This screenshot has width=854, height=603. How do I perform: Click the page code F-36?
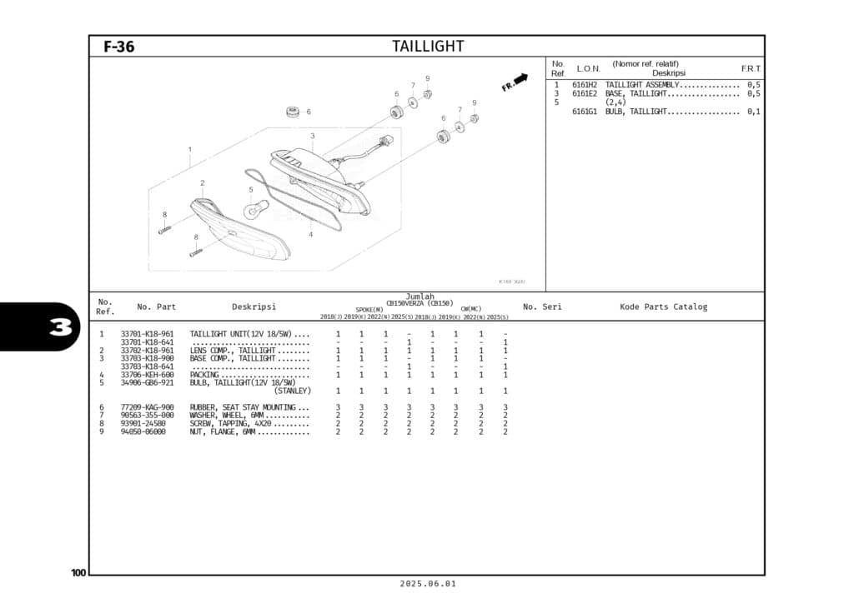tap(118, 47)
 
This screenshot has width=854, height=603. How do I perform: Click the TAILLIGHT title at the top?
tap(428, 47)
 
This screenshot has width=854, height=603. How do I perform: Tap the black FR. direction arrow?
tap(520, 79)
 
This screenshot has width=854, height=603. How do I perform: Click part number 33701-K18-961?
tap(148, 334)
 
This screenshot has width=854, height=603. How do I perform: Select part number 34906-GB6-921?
tap(148, 382)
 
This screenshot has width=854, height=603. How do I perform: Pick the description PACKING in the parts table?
tap(204, 375)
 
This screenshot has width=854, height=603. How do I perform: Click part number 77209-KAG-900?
tap(148, 407)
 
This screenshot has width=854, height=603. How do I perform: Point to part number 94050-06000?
tap(143, 431)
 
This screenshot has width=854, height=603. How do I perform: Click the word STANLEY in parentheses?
tap(293, 391)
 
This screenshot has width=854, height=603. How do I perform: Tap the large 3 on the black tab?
tap(60, 327)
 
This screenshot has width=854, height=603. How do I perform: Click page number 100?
tap(78, 572)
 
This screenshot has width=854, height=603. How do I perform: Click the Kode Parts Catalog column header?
tap(663, 306)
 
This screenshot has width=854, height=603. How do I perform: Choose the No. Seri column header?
tap(542, 306)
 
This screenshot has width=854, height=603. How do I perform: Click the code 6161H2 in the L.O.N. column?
tap(584, 85)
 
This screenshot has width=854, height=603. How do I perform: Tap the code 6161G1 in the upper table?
tap(584, 112)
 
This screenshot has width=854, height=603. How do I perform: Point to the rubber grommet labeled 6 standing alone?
tap(293, 112)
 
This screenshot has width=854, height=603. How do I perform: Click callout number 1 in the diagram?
tap(189, 150)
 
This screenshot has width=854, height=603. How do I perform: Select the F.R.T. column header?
tap(751, 68)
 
